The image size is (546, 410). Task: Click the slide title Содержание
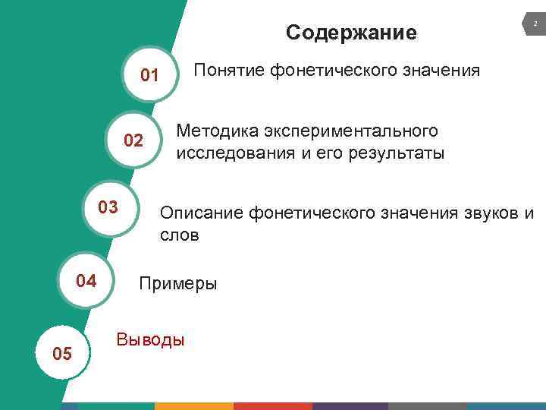[351, 33]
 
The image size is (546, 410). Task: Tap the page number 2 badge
[534, 26]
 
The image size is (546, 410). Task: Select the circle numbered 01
[149, 75]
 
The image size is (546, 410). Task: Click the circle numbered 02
[133, 140]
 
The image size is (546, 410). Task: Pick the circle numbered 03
[108, 207]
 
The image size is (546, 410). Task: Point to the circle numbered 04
[86, 281]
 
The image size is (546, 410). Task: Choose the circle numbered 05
[62, 354]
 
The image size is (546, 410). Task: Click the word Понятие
[228, 71]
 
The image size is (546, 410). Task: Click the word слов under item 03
[179, 235]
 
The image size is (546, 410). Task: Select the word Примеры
[177, 284]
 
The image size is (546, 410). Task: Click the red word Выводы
[149, 339]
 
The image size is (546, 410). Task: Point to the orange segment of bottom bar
[194, 406]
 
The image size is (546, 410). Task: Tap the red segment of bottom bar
[272, 406]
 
